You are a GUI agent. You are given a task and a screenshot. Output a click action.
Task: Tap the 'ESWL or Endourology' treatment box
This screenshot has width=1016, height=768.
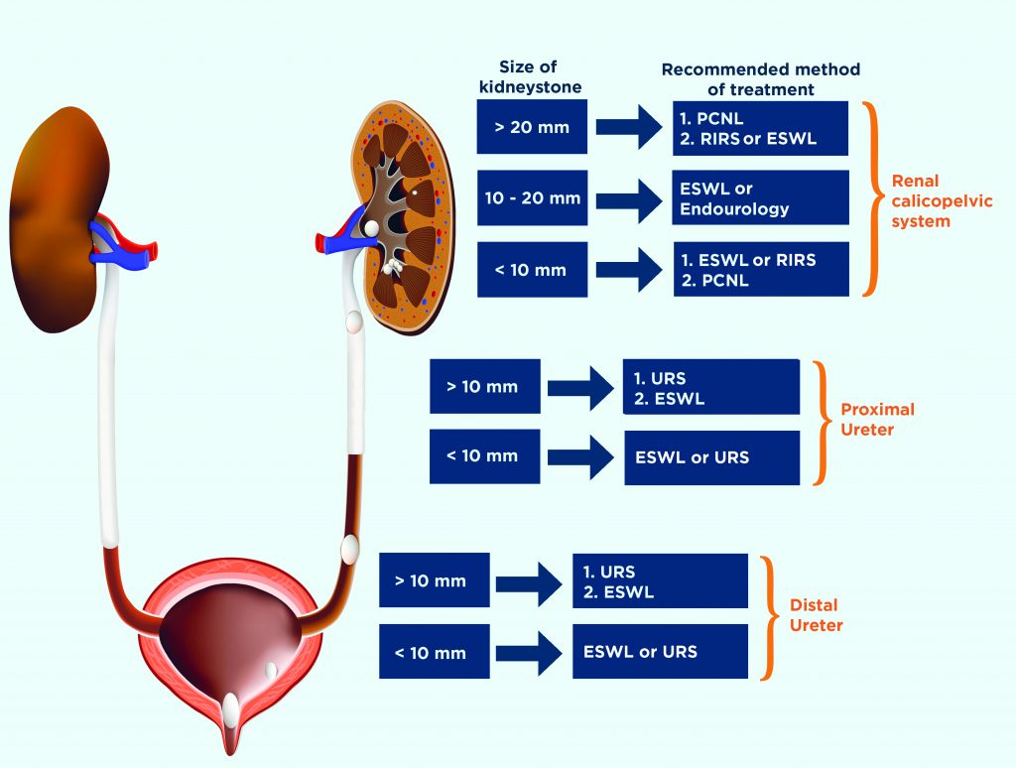point(761,197)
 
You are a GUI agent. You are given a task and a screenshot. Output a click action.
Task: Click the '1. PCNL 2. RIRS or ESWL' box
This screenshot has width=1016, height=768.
point(761,128)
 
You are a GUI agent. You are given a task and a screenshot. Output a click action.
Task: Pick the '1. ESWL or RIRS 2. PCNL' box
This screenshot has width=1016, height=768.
point(761,269)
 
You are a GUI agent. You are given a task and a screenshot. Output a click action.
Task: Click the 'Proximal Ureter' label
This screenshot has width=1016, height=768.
point(877,419)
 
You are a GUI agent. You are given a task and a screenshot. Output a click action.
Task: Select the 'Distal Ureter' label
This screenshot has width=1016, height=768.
point(814,614)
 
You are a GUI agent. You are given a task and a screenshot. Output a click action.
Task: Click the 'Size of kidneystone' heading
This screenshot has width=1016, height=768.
point(529,77)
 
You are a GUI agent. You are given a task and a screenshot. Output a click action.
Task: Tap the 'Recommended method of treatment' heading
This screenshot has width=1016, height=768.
point(761,79)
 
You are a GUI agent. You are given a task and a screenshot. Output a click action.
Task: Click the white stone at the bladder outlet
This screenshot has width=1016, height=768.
point(230,707)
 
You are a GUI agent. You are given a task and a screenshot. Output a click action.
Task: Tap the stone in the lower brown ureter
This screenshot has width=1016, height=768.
point(348,546)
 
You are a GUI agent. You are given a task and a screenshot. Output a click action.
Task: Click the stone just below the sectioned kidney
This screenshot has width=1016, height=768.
point(352,320)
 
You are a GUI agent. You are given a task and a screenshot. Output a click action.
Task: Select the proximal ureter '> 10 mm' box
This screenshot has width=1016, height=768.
point(483,386)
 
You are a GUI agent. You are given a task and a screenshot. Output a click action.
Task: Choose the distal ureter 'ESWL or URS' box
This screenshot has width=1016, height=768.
point(660,652)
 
